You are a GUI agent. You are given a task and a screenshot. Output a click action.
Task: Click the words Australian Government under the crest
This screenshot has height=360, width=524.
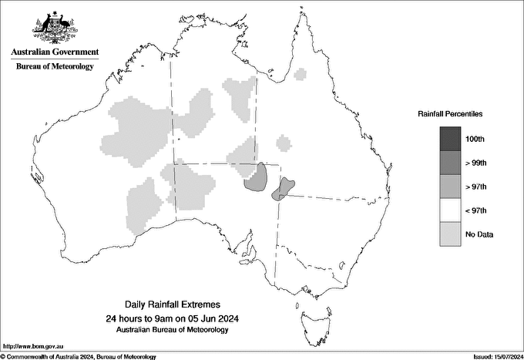55,52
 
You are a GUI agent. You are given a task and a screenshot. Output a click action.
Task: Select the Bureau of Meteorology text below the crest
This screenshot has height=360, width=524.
55,67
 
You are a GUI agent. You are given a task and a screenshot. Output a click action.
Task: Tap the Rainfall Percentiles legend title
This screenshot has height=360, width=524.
450,113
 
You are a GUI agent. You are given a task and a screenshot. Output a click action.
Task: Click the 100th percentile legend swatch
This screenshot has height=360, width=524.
450,139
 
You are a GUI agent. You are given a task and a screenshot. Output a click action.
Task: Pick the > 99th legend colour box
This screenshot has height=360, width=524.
450,163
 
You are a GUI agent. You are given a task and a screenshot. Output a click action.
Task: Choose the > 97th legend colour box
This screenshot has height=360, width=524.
450,187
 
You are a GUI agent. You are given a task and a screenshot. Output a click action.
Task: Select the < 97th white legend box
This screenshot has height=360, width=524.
450,210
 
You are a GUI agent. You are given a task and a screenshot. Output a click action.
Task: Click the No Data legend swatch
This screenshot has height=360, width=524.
450,234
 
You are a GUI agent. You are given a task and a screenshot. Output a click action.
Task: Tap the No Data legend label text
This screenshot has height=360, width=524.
480,234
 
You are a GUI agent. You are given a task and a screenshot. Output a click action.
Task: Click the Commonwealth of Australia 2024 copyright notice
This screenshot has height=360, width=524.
79,356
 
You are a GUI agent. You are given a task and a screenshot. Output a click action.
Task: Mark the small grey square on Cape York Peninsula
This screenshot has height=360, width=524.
301,74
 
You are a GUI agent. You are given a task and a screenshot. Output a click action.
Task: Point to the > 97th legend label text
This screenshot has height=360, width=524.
476,187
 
